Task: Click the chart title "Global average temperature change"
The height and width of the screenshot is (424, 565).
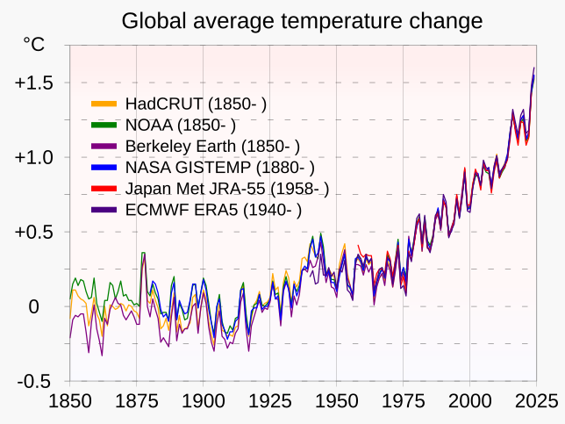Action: coord(302,20)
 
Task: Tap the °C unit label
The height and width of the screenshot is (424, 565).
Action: coord(33,45)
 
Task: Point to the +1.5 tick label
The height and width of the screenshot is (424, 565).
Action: coord(34,83)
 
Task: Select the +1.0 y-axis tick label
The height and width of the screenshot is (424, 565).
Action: coord(34,157)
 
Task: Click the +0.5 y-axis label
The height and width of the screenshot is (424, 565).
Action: coord(34,233)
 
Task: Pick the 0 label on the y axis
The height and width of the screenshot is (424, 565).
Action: coord(33,307)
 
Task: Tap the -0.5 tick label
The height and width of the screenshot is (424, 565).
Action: coord(34,382)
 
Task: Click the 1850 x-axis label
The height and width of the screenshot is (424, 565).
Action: coord(68,402)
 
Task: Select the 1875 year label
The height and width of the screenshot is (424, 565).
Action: coord(135,402)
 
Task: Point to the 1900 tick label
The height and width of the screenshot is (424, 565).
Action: coord(203,402)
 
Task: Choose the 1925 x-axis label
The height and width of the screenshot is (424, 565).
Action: coord(269,402)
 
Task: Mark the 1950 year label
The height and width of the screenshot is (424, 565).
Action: coord(336,402)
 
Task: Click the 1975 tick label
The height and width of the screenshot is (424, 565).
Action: coord(403,402)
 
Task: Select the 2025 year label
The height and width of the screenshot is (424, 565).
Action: coord(536,402)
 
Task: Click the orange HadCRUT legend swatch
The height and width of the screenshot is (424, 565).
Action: coord(104,104)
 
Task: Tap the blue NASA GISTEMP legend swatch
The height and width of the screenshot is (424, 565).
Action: coord(104,167)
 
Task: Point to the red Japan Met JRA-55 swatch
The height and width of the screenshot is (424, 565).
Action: coord(104,188)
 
